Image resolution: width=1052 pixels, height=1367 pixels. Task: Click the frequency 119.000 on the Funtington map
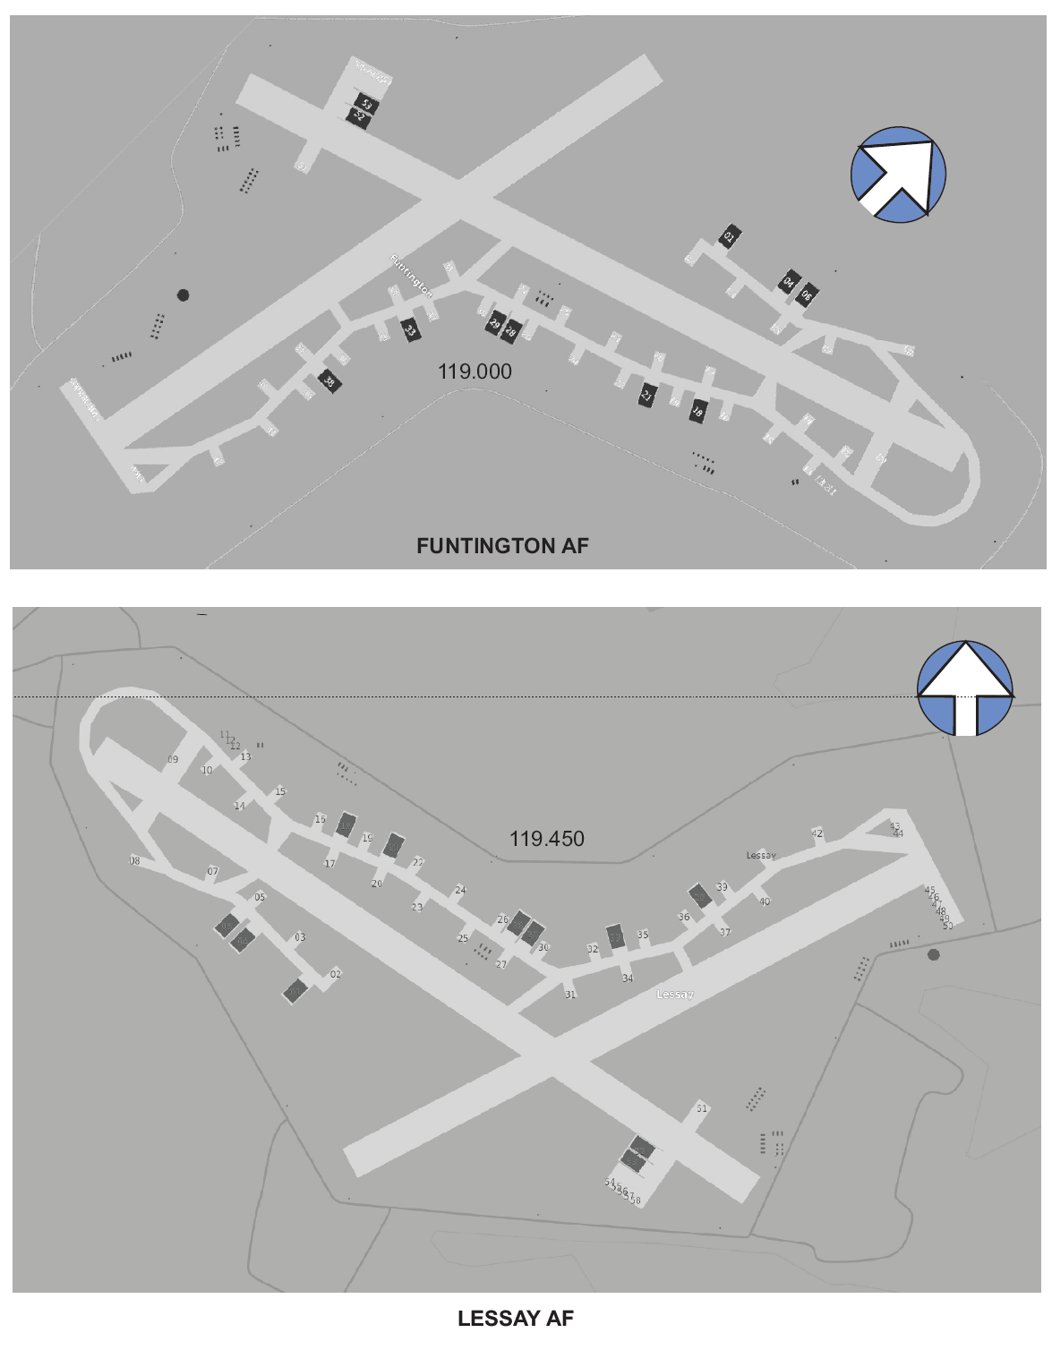(x=475, y=372)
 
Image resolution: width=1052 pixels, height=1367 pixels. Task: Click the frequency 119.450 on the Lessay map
(x=547, y=839)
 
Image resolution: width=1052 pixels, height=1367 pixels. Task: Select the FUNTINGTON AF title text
(x=502, y=545)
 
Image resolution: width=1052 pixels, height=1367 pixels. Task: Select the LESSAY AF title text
(x=515, y=1318)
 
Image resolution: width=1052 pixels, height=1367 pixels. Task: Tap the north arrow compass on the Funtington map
(x=898, y=174)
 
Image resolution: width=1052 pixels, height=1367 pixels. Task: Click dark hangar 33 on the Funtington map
(x=410, y=329)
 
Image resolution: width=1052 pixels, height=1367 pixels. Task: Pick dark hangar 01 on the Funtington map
(x=729, y=237)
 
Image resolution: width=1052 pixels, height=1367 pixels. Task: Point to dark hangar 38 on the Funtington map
(x=329, y=382)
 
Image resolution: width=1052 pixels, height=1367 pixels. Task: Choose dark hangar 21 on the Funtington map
(x=647, y=395)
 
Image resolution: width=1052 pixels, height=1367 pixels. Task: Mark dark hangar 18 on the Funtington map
(x=697, y=412)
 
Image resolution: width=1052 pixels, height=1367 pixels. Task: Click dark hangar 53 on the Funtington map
(x=365, y=104)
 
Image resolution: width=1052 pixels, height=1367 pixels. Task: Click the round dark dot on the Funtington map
(x=184, y=295)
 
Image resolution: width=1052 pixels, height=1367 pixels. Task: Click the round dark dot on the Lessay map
(x=934, y=954)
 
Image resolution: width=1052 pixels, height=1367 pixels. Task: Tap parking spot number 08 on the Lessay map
(x=134, y=861)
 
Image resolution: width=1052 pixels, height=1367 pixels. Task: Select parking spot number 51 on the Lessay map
(x=702, y=1108)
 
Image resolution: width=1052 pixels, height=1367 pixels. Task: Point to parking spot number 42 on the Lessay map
(x=817, y=833)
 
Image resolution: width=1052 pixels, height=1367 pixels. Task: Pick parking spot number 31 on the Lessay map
(x=570, y=995)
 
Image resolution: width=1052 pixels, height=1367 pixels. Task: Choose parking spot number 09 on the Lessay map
(x=173, y=759)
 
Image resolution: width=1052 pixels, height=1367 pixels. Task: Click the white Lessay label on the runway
(x=675, y=995)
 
